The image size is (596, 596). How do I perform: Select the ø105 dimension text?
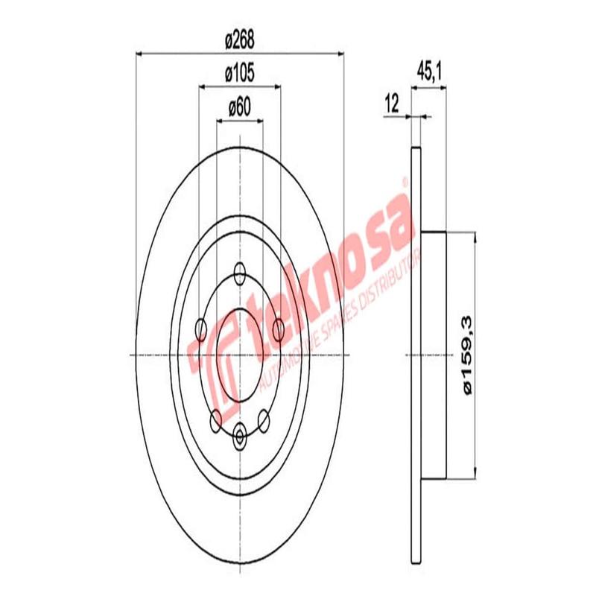coord(240,73)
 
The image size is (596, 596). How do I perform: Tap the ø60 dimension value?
coord(240,107)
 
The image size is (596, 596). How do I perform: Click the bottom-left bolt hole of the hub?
coord(216,419)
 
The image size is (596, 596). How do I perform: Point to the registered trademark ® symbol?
coord(405,181)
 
